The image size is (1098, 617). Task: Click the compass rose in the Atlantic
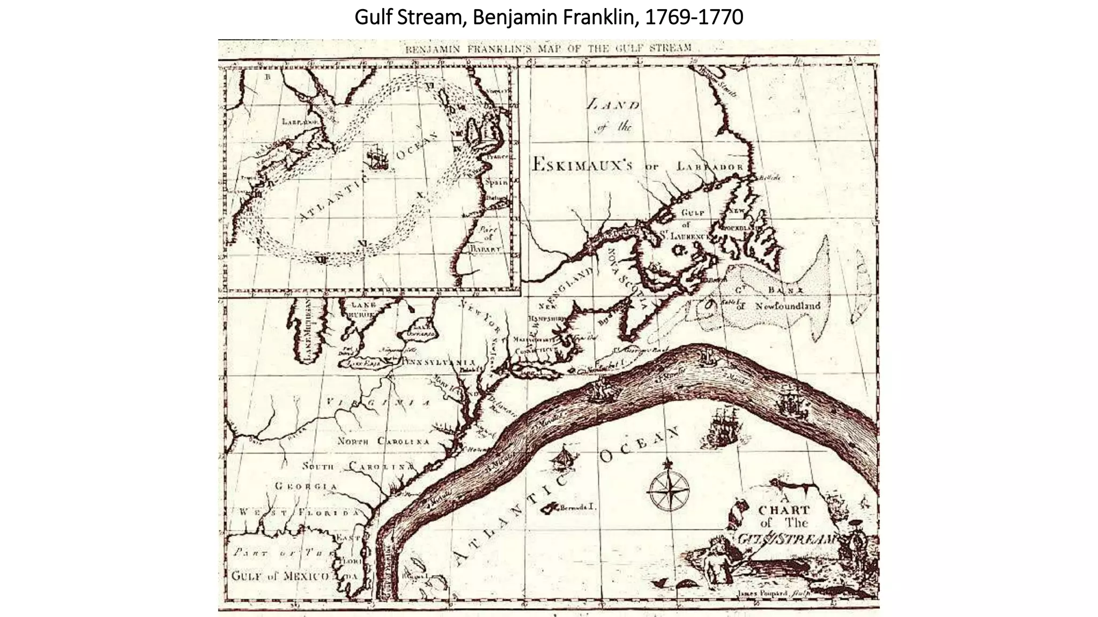[x=669, y=488]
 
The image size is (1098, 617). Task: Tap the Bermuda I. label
[x=578, y=507]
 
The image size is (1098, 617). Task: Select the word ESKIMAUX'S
[x=582, y=164]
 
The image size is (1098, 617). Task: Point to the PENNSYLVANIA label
[x=435, y=362]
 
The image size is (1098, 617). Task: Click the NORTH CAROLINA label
[x=383, y=441]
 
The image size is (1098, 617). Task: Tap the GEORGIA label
[x=306, y=486]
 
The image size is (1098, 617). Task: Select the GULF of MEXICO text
[x=280, y=576]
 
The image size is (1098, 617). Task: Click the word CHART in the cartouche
[x=784, y=510]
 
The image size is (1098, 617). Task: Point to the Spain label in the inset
[x=496, y=182]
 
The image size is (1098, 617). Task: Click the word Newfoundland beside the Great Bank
[x=788, y=306]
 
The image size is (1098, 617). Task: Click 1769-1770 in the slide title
[x=694, y=18]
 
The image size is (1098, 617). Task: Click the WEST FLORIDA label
[x=300, y=512]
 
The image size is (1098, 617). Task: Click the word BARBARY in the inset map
[x=485, y=249]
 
